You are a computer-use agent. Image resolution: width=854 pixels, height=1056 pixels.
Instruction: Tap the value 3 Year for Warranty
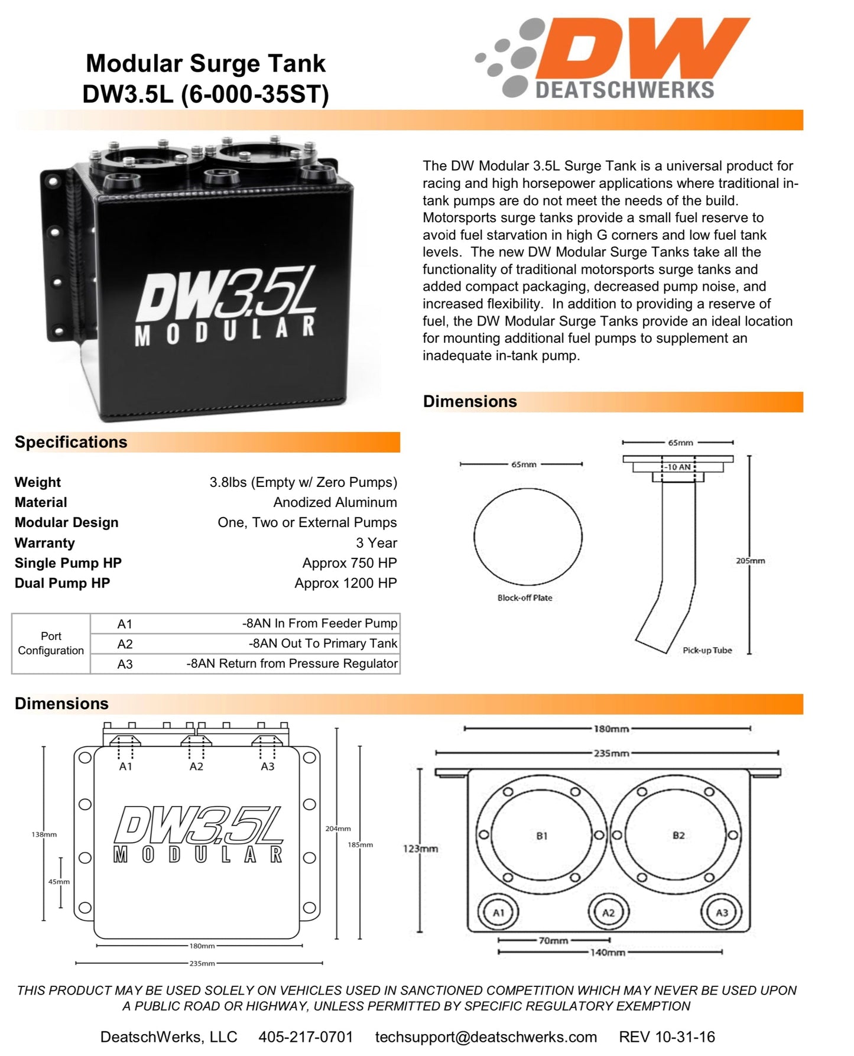(376, 542)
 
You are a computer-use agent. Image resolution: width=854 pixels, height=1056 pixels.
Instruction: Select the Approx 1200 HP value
(345, 583)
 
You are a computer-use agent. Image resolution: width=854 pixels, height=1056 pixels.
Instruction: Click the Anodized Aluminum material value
(335, 502)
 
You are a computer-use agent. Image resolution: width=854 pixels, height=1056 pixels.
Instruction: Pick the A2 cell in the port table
(125, 644)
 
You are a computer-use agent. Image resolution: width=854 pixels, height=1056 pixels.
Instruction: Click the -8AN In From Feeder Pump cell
(319, 623)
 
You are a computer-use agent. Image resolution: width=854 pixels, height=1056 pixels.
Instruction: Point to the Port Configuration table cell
(51, 644)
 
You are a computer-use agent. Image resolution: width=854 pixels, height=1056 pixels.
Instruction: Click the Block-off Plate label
(525, 598)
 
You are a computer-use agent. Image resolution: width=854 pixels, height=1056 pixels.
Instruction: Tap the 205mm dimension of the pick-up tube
(750, 560)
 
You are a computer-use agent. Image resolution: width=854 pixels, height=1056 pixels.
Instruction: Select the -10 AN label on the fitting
(678, 467)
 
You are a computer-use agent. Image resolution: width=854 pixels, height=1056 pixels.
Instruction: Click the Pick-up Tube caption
(707, 650)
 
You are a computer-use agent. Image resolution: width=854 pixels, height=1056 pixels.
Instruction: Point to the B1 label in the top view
(541, 836)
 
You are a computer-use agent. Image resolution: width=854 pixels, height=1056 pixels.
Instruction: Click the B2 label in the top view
(678, 835)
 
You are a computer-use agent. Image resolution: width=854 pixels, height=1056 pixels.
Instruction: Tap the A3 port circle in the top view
(722, 912)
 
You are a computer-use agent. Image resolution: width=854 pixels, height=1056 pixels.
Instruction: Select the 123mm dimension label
(420, 849)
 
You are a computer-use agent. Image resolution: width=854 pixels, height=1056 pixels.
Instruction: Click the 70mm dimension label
(553, 940)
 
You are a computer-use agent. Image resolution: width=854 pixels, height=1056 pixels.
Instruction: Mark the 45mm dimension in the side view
(59, 882)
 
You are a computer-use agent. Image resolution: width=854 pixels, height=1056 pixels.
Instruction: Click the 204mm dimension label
(337, 828)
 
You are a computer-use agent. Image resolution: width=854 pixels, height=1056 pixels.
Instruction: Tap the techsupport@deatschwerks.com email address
(486, 1037)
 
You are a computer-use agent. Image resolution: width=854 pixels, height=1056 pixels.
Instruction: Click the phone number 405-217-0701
(305, 1037)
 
